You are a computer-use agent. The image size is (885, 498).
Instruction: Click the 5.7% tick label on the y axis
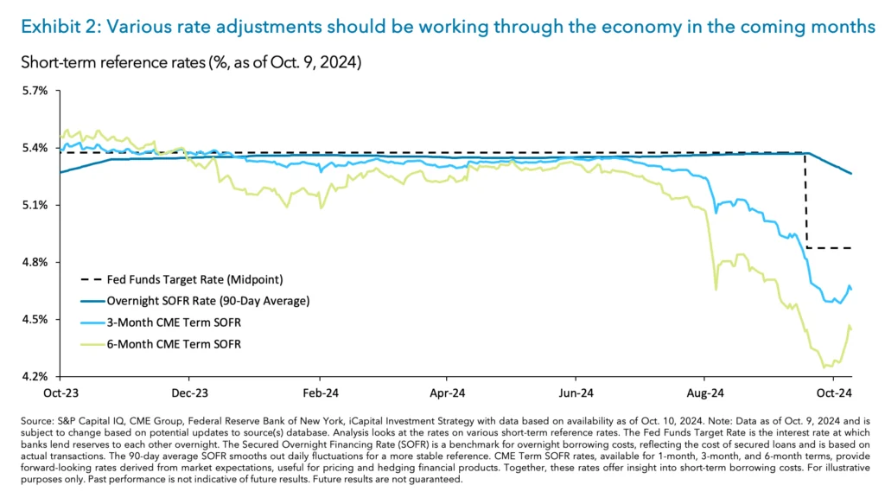pos(34,91)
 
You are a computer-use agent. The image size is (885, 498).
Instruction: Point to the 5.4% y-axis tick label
pos(34,148)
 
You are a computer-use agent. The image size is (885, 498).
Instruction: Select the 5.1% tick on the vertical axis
pos(34,205)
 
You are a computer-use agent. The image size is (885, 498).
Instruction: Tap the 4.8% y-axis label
pos(34,262)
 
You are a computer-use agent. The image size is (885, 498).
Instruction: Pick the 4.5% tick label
pos(34,320)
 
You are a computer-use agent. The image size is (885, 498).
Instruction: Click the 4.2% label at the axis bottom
pos(34,377)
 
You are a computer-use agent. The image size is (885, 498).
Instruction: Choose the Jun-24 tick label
pos(575,391)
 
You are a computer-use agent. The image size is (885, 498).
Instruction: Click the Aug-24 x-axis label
pos(704,391)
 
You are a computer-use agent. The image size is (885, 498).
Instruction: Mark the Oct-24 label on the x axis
pos(833,391)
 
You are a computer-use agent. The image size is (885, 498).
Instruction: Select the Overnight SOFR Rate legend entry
pos(207,301)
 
